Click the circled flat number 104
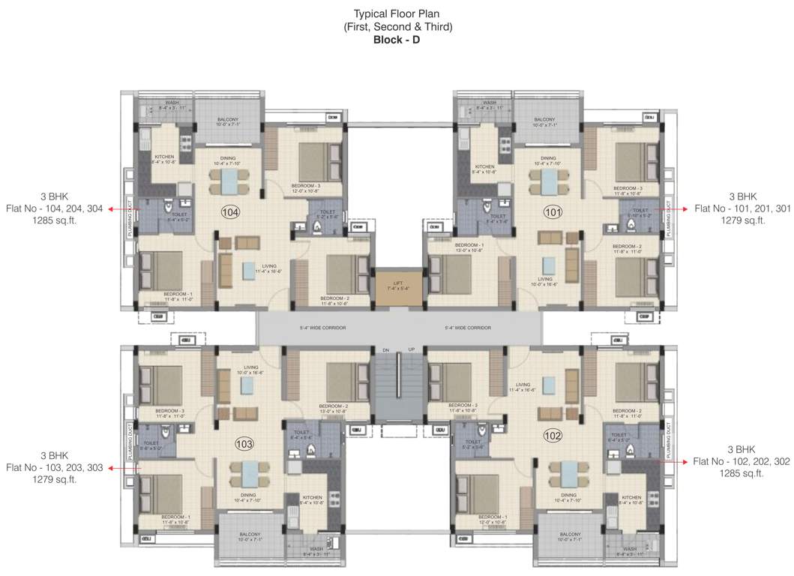click(230, 213)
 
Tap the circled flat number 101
click(553, 213)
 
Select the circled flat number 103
click(244, 442)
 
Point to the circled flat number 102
click(553, 434)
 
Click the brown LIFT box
click(397, 287)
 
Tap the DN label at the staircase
click(385, 350)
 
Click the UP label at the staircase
click(411, 350)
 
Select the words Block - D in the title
click(397, 40)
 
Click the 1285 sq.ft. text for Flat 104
click(54, 221)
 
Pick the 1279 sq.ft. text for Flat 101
click(742, 221)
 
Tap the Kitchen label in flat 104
click(165, 157)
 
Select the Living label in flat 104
click(269, 266)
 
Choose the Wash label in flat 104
click(172, 103)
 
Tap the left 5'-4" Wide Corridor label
click(322, 328)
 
